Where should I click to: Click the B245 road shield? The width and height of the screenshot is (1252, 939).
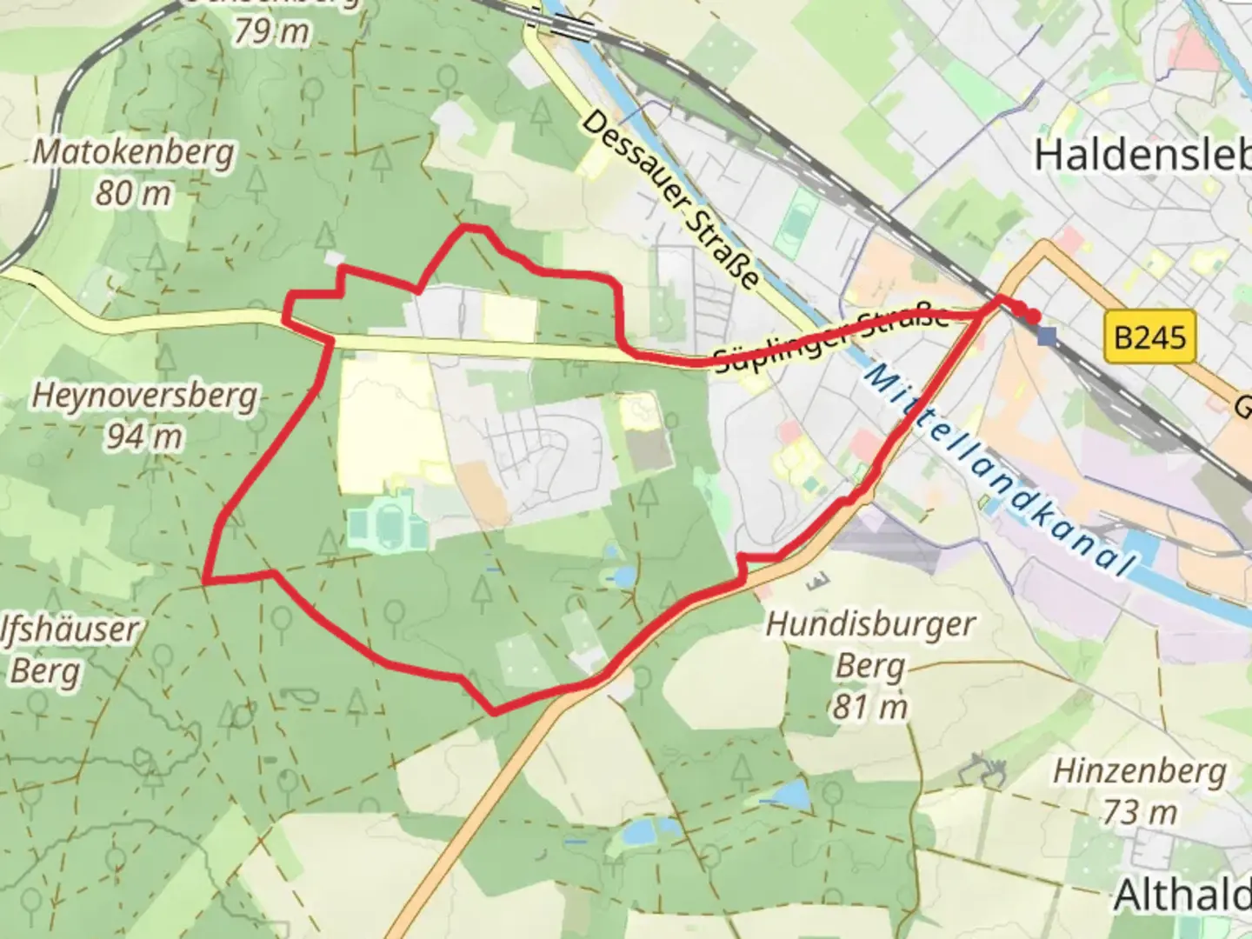1149,336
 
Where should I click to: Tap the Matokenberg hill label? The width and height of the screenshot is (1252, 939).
133,153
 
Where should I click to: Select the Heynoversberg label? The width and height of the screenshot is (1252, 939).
144,396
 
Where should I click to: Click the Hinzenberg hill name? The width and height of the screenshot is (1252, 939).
1139,771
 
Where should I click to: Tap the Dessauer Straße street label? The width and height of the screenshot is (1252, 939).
669,199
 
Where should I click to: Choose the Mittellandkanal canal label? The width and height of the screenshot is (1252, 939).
1000,469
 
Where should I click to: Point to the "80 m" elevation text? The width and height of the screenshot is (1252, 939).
133,193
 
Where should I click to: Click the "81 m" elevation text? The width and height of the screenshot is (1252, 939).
869,707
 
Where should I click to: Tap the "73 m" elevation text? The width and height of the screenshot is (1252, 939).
1139,812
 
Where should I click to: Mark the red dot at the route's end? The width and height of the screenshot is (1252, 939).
1034,316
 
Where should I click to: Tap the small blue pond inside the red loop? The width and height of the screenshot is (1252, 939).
623,576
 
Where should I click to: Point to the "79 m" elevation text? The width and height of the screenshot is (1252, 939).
271,31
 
